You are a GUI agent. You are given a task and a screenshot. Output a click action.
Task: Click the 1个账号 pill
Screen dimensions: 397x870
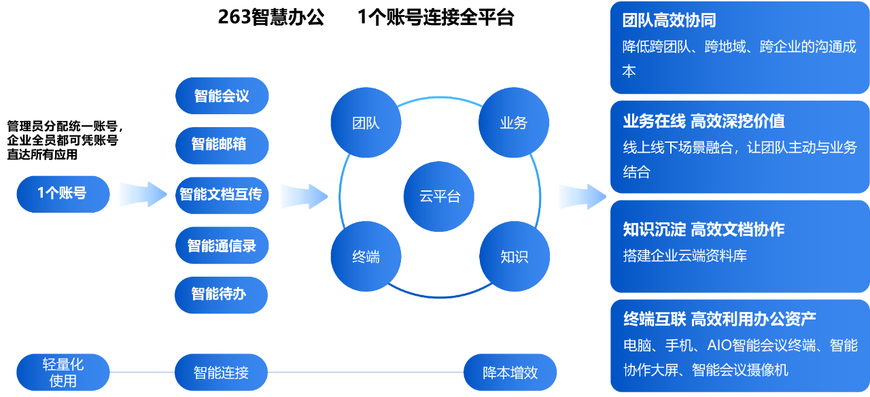[x=63, y=194]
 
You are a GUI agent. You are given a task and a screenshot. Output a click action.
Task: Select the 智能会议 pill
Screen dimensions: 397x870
[x=222, y=96]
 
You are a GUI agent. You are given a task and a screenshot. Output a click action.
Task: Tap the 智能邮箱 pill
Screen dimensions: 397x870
[x=222, y=145]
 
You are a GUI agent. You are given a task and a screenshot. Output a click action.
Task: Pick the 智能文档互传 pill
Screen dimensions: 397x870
[x=222, y=194]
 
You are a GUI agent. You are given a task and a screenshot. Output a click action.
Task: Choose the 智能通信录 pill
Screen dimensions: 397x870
[x=222, y=245]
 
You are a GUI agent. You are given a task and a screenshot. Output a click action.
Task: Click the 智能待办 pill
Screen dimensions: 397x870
[x=222, y=294]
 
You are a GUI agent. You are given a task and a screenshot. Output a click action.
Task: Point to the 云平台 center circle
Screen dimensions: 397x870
[x=440, y=196]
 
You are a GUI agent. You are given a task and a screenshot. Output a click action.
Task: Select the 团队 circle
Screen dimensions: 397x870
[x=366, y=123]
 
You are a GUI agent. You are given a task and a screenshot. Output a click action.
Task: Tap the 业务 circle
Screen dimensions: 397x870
[x=514, y=123]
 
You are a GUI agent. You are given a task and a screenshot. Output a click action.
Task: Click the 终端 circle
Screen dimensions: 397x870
[x=366, y=257]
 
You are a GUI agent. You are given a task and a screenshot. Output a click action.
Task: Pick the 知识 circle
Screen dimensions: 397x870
[x=514, y=257]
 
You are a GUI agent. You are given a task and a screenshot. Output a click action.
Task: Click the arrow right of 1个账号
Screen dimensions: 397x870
[x=143, y=194]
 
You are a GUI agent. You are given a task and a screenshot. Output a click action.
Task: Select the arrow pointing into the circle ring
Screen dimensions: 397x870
[x=304, y=196]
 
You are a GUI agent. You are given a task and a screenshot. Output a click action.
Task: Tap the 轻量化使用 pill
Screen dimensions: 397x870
[x=63, y=373]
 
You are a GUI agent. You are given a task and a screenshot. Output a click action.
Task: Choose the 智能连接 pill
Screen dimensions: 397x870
[x=222, y=373]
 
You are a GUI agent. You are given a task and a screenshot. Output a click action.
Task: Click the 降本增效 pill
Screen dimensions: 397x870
[x=510, y=373]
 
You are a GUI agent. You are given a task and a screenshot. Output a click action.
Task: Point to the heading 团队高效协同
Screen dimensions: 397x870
[x=669, y=20]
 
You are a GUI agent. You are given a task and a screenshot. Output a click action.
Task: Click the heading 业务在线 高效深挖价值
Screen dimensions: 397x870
[x=703, y=121]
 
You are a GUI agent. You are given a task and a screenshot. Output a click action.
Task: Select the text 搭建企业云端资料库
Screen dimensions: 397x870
[x=684, y=256]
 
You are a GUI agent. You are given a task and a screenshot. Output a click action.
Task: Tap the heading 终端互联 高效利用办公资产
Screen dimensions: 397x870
[x=719, y=318]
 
